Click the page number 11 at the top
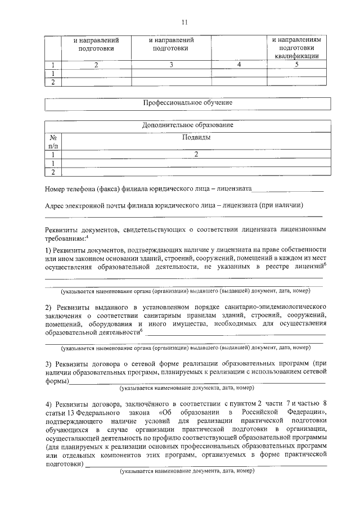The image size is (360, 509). point(184,22)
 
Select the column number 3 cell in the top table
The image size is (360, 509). point(171,65)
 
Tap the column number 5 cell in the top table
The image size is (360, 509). point(296,65)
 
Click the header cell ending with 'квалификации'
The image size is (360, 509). point(296,48)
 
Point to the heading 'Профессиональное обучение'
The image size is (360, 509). point(187,103)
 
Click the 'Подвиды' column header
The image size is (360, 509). point(196,137)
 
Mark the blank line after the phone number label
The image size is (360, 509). point(287,189)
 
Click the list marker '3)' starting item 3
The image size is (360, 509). point(48,364)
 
